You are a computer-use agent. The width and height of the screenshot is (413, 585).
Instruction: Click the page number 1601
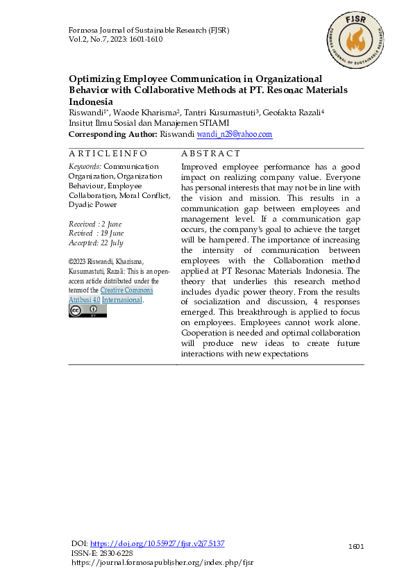[356, 547]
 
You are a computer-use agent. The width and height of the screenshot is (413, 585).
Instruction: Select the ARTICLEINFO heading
[108, 153]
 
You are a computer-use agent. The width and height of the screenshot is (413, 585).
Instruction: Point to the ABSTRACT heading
[210, 153]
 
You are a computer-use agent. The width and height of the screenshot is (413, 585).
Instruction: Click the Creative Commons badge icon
[87, 311]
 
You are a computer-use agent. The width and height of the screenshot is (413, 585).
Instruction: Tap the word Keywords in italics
[85, 167]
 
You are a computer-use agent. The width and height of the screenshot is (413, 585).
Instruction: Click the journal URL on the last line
[162, 562]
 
